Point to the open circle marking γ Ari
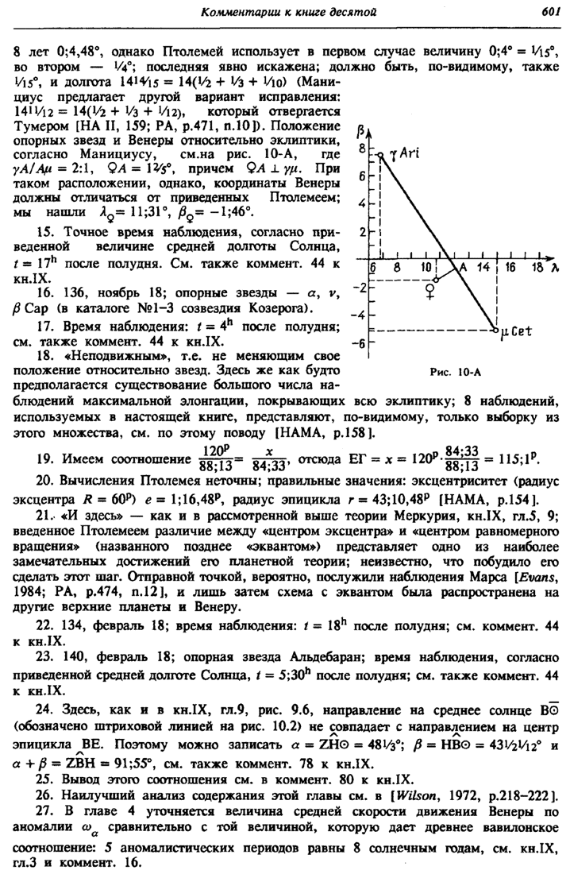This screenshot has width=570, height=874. click(380, 157)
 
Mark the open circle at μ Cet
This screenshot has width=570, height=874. click(495, 328)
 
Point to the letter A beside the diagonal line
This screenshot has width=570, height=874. click(463, 269)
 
